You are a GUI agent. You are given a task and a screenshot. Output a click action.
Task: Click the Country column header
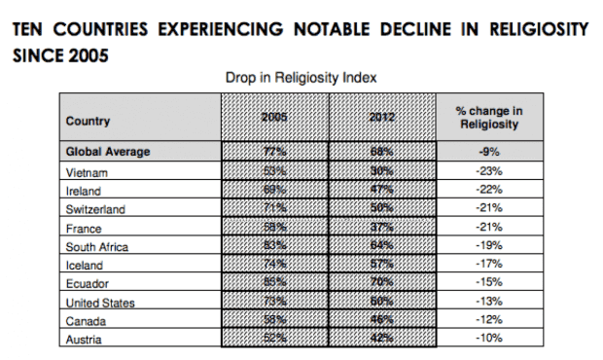88,122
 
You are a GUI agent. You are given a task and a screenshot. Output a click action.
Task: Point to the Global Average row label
108,152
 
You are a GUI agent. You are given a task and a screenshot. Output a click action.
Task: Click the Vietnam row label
87,172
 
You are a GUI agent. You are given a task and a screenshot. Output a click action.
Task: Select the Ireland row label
84,191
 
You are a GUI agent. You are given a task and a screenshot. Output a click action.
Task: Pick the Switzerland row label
95,209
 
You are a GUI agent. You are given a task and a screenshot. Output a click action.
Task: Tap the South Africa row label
96,247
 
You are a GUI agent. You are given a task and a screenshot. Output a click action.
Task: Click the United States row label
100,303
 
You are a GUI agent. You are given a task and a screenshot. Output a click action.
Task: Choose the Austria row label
84,340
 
